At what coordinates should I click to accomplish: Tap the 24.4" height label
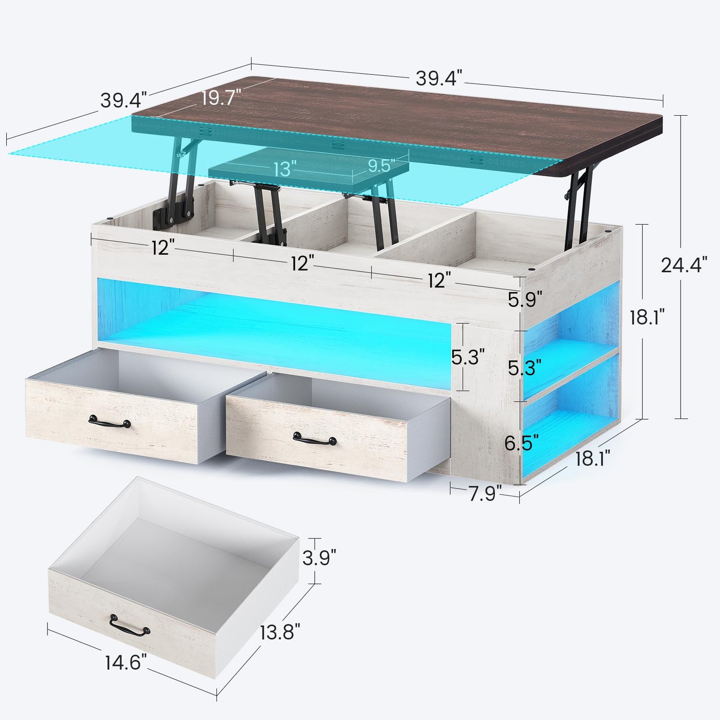point(684,264)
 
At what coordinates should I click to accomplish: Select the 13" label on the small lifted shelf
point(285,168)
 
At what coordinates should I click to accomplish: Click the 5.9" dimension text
point(525,300)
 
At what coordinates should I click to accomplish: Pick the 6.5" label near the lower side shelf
point(521,443)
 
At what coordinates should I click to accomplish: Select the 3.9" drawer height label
point(319,558)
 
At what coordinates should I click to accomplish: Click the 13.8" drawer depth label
point(280,632)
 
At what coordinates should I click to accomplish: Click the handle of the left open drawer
point(110,422)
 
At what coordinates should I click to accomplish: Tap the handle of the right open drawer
point(315,438)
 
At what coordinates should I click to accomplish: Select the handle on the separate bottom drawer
point(129,625)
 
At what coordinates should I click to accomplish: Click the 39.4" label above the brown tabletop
point(439,78)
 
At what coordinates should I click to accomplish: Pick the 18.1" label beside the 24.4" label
point(648,317)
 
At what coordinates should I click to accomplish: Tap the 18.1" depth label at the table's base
point(593,458)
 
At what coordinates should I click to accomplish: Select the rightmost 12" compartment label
point(440,280)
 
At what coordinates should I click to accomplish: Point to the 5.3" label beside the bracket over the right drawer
point(468,357)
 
